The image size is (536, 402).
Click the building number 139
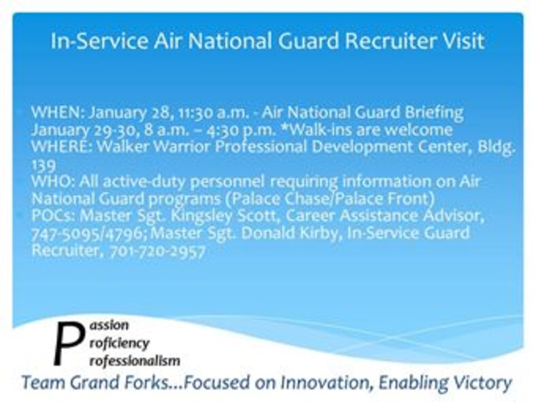[41, 164]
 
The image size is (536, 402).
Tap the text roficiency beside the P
[119, 342]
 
